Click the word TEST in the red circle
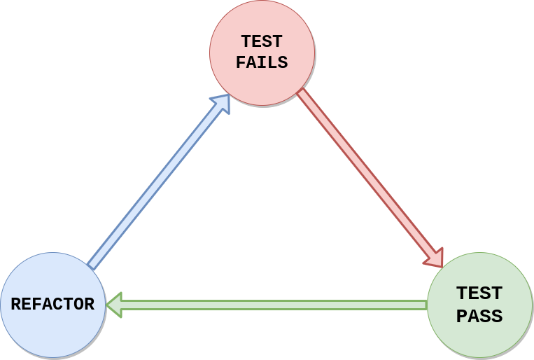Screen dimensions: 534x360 262,41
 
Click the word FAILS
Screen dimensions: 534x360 262,62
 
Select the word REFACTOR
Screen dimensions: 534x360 52,304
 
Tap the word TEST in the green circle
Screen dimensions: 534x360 479,293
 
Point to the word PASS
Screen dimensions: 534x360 479,316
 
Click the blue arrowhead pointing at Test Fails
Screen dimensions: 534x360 222,103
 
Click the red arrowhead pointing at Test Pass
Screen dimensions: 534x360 434,258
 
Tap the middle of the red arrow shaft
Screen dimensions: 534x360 365,174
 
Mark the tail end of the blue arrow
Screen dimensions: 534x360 90,267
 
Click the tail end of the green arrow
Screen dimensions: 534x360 427,305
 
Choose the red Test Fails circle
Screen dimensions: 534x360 262,53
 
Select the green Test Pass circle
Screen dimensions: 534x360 479,305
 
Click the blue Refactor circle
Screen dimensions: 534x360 52,305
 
